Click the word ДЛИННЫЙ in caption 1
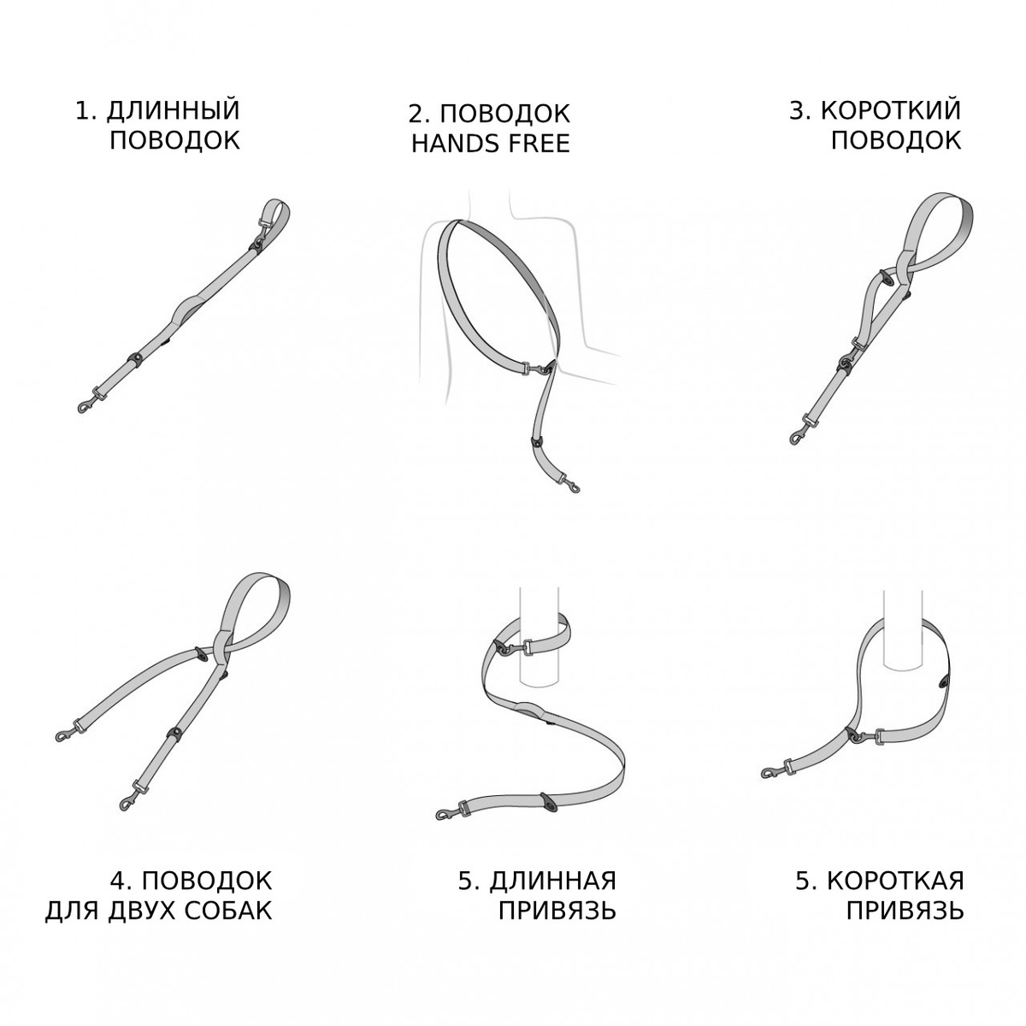[173, 111]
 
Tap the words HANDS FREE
[491, 144]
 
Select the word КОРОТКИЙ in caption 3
[891, 110]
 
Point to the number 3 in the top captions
[796, 110]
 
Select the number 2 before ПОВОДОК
[417, 114]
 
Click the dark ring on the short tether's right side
[944, 681]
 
